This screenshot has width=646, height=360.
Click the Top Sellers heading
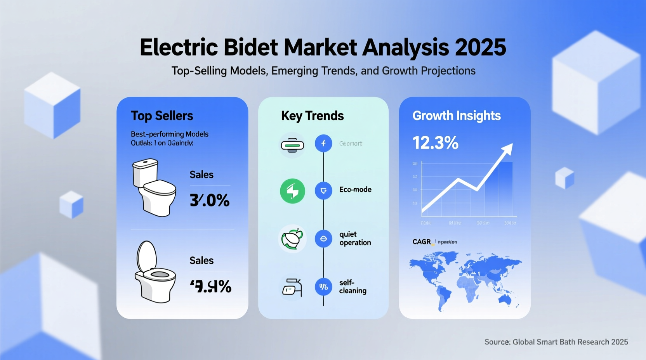point(162,116)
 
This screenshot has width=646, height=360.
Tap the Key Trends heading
point(312,116)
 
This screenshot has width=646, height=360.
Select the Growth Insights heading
point(457,116)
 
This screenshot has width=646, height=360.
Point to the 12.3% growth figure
point(435,143)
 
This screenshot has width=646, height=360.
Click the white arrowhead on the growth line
point(507,149)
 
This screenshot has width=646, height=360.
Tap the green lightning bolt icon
point(292,191)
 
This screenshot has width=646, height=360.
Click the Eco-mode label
point(355,190)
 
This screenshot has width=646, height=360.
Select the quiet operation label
point(355,238)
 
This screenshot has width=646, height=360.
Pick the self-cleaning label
point(353,287)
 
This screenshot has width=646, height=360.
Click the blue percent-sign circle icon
point(323,287)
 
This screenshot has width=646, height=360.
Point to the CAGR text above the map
point(422,242)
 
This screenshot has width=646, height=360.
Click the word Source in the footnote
point(497,342)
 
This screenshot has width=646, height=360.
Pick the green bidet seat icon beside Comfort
point(292,145)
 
